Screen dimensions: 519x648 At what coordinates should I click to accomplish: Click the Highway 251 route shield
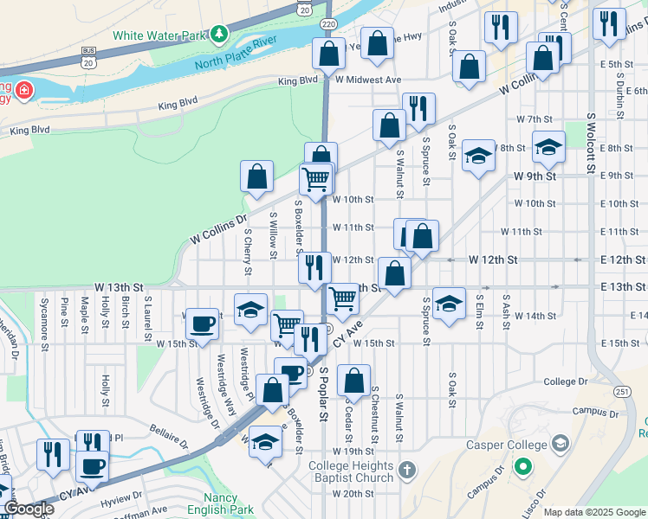click(x=623, y=392)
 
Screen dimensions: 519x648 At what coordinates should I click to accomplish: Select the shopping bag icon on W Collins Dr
click(x=257, y=177)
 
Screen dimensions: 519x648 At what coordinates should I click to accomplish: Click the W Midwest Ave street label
click(x=369, y=80)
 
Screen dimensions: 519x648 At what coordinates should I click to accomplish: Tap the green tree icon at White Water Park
click(x=219, y=35)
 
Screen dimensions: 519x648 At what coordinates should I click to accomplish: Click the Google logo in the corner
click(x=29, y=509)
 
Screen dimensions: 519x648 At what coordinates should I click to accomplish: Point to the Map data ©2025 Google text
click(x=593, y=512)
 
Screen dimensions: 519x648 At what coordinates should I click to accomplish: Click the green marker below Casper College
click(x=522, y=469)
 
